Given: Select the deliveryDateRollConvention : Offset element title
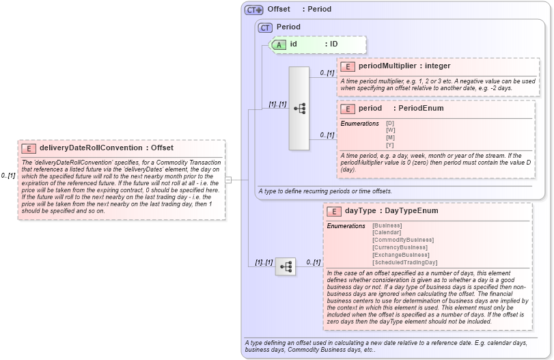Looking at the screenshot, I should point(106,148).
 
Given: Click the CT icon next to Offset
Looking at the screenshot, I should point(254,10).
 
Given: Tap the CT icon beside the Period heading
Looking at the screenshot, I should point(265,27).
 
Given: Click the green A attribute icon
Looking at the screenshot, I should point(279,44).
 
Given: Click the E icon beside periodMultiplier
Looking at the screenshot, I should point(348,66).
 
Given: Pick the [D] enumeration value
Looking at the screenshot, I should point(390,123).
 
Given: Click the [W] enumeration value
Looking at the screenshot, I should point(390,130).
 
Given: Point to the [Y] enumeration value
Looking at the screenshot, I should point(390,145).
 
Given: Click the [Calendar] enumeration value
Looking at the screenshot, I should point(387,232).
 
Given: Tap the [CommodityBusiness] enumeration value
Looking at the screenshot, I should point(402,240).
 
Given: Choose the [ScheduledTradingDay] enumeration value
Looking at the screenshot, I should point(404,262).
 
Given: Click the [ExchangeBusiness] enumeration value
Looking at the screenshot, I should point(401,255).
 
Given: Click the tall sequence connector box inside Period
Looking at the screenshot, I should point(299,108).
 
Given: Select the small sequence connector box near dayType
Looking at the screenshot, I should point(285,266).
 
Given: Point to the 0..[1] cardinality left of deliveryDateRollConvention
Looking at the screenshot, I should point(8,176).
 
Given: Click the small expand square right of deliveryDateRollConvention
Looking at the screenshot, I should point(229,180).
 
